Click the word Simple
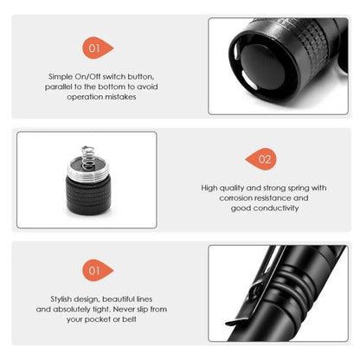coord(61,77)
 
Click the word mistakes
coord(120,97)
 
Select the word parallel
coord(62,87)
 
